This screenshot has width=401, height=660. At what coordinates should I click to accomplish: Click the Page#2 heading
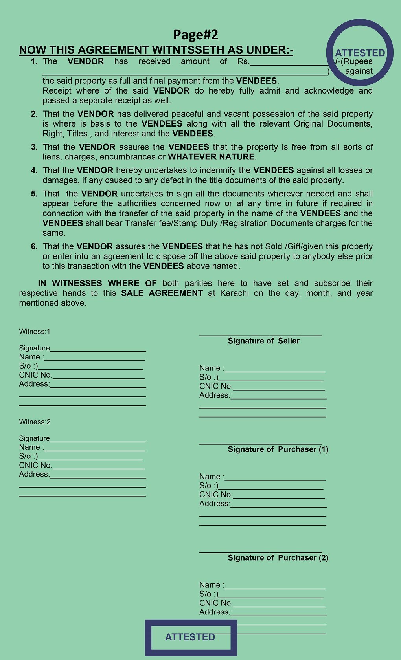click(x=195, y=35)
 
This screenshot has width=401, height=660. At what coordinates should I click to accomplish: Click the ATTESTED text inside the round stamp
click(x=360, y=53)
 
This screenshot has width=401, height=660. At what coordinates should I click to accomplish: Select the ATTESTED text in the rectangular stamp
click(x=190, y=637)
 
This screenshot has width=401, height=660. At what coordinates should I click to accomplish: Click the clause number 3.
click(x=35, y=147)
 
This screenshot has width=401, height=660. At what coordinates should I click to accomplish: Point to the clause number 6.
click(x=35, y=246)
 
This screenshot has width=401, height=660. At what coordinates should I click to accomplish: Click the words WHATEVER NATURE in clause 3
click(x=211, y=157)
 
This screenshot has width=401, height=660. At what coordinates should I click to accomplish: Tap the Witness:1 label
click(x=35, y=332)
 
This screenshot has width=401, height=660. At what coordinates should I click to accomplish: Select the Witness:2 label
click(x=35, y=422)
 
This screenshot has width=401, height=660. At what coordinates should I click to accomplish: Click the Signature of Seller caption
click(x=263, y=341)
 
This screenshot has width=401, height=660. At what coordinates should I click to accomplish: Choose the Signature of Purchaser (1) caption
click(x=278, y=449)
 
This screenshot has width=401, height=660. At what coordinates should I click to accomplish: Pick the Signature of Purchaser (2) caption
click(x=278, y=558)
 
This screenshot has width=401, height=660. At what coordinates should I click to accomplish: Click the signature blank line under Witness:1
click(x=98, y=350)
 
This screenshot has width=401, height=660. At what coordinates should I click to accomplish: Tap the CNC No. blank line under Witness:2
click(x=98, y=467)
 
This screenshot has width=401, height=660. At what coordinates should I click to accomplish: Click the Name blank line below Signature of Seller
click(x=275, y=370)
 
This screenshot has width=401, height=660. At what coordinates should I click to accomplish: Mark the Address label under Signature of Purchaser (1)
click(x=214, y=504)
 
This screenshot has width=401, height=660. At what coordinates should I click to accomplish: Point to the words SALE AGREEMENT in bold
click(x=162, y=293)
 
